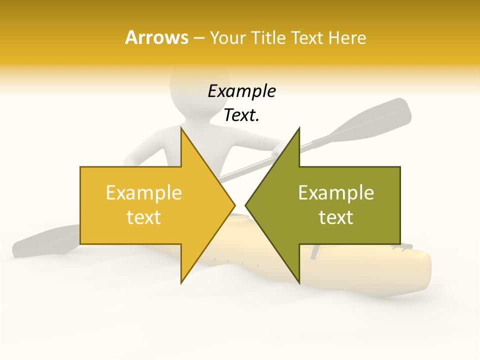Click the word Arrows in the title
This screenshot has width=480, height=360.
[x=156, y=37]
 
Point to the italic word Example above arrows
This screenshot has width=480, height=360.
[x=241, y=91]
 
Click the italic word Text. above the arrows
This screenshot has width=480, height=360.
[x=241, y=115]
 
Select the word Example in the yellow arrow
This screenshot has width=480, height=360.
[x=143, y=192]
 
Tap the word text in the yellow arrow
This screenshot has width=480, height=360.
[x=143, y=217]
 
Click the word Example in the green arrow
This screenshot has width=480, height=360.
[x=336, y=192]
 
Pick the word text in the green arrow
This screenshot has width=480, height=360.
[x=336, y=217]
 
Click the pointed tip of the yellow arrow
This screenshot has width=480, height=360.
[x=234, y=205]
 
